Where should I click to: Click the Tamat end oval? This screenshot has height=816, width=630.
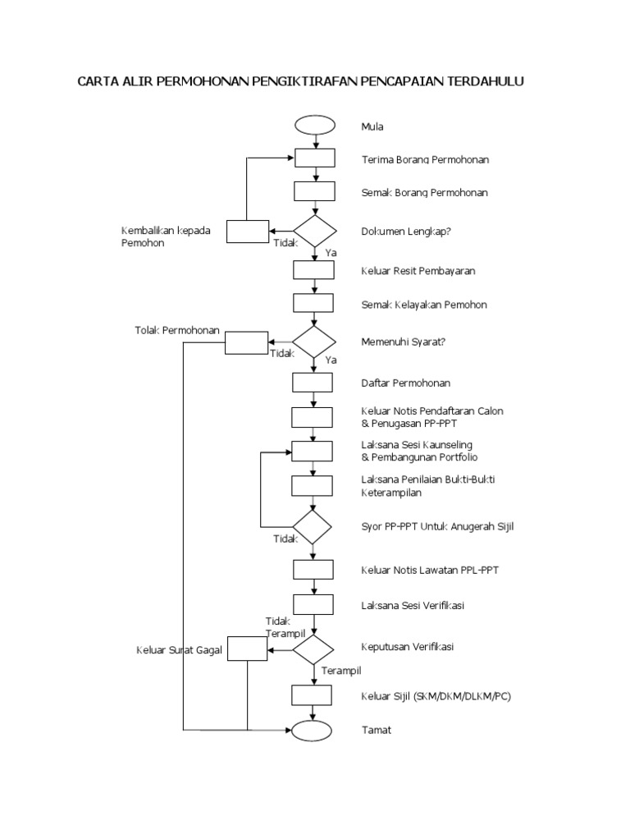312,729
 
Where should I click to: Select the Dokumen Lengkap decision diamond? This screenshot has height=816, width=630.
315,232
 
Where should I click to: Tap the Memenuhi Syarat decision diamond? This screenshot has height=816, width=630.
314,342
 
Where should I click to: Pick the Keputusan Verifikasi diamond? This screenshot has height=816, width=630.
313,649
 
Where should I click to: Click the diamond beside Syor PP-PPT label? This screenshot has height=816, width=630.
313,525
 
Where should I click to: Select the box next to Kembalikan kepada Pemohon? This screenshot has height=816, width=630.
248,232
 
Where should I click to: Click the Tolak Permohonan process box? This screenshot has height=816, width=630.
246,342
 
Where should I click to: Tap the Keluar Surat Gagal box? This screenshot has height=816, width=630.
248,649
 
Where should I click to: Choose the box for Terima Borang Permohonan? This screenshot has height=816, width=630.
315,158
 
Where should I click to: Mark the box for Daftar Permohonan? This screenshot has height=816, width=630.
313,383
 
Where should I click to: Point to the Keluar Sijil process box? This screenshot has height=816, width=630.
313,695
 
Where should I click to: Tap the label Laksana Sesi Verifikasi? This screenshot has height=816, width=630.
413,606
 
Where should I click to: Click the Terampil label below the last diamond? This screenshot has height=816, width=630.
341,671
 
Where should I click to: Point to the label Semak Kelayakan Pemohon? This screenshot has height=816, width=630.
424,305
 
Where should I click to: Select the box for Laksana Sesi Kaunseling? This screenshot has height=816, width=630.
313,451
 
